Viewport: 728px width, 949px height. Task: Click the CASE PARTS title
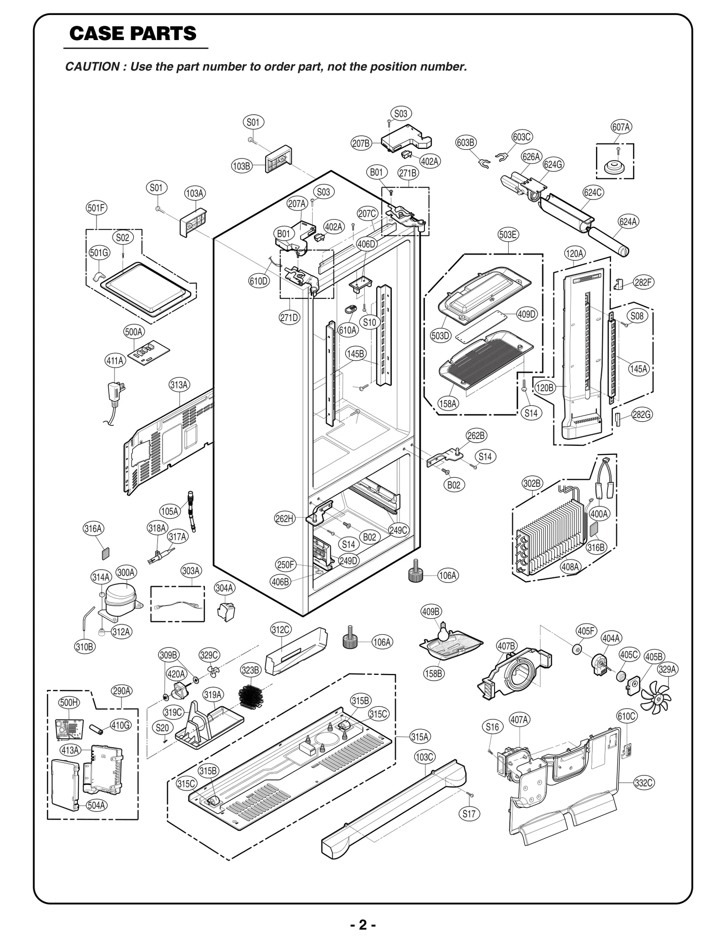pos(133,34)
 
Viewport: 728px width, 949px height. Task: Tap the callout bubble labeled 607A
pos(621,128)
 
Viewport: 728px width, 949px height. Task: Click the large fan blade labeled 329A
pos(656,695)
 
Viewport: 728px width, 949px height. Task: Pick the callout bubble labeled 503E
pos(508,235)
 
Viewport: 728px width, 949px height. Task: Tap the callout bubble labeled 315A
pos(420,736)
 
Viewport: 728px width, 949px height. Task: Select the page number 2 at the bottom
pos(363,925)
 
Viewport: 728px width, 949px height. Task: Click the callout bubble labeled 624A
pos(628,222)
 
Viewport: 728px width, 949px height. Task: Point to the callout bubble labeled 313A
pos(179,385)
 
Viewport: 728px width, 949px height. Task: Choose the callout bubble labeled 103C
pos(425,757)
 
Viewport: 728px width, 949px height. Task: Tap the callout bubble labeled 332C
pos(643,783)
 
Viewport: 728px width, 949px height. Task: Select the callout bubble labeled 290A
pos(121,691)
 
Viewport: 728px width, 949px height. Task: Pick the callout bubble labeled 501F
pos(97,208)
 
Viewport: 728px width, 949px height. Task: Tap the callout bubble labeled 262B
pos(476,435)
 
